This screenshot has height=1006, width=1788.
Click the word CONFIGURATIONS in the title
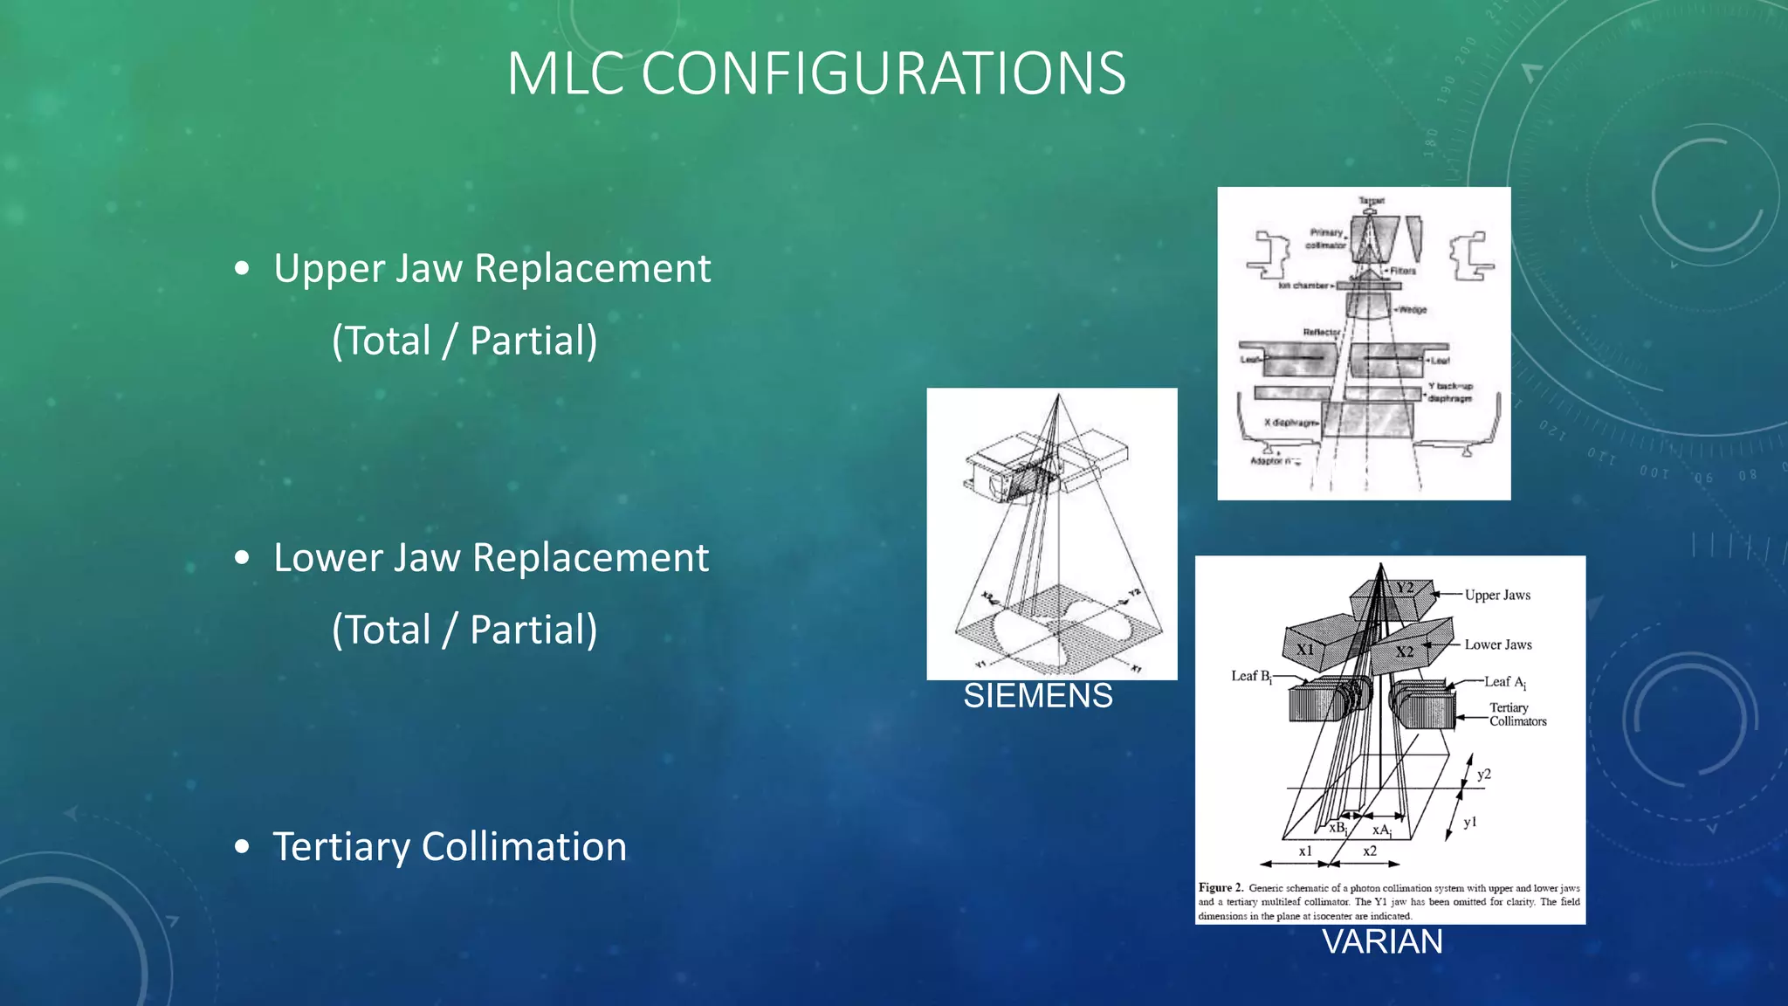884,73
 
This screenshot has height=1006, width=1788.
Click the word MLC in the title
566,73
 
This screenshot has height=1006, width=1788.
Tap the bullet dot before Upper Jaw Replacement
243,269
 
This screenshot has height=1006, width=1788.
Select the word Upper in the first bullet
328,269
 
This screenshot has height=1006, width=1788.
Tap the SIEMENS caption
1037,696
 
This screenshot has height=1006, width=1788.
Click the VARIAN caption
1382,942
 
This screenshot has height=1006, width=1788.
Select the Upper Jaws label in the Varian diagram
1497,596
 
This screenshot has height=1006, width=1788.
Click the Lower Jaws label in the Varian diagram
1498,645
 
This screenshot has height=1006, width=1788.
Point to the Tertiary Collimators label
1517,714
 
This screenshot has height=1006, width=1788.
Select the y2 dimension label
1484,775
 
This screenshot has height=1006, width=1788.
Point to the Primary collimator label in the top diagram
1325,238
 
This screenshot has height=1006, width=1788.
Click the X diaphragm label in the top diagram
1290,423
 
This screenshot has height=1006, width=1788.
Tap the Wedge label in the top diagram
1412,310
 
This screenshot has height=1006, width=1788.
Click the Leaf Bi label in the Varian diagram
1250,677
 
